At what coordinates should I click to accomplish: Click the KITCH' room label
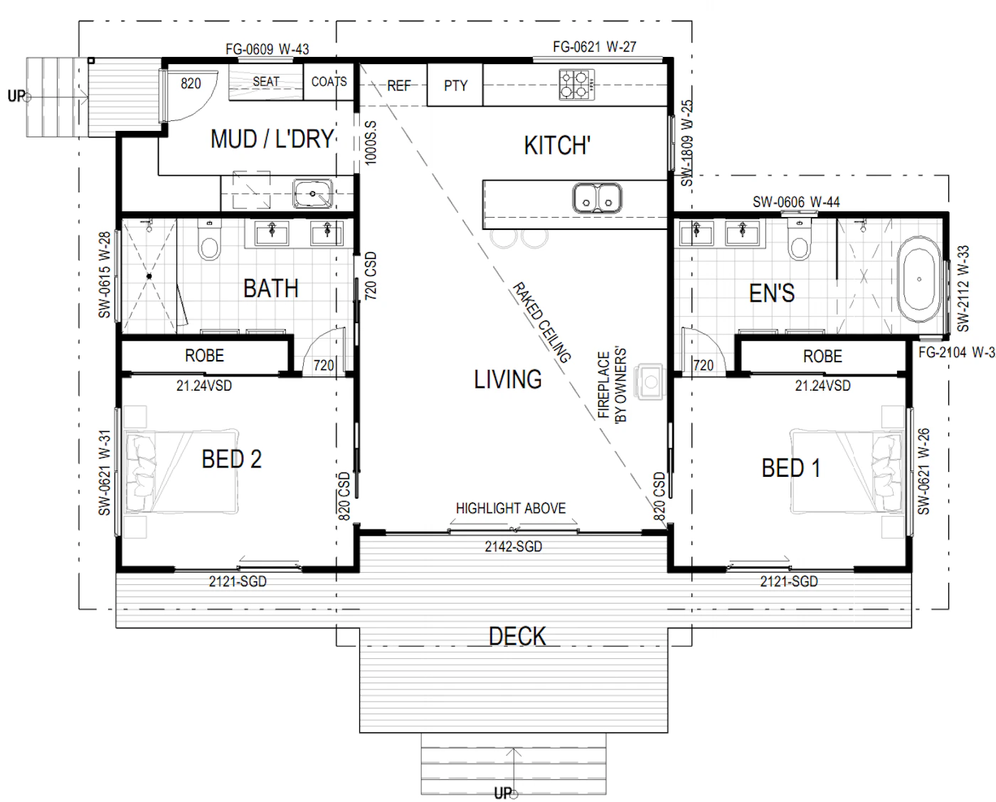(x=557, y=145)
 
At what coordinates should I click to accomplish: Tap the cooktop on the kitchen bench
(x=577, y=85)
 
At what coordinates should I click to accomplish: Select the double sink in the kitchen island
(x=597, y=198)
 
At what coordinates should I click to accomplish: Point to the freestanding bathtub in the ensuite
(x=919, y=279)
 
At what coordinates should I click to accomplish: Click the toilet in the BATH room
(x=209, y=240)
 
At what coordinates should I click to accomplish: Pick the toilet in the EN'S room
(x=800, y=240)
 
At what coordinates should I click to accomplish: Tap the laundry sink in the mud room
(x=312, y=194)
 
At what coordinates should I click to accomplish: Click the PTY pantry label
(x=455, y=85)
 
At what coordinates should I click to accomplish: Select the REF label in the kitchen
(x=399, y=85)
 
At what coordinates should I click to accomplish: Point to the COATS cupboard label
(x=329, y=82)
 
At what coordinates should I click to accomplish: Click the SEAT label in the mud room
(x=265, y=82)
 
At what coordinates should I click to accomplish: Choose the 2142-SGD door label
(x=513, y=547)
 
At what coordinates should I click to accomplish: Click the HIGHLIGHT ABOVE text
(x=511, y=508)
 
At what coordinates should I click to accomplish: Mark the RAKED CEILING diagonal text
(x=541, y=322)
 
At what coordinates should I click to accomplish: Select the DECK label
(x=517, y=636)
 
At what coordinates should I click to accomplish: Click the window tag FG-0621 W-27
(x=594, y=47)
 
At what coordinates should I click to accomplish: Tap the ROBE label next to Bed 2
(x=204, y=356)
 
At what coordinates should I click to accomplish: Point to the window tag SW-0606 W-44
(x=796, y=202)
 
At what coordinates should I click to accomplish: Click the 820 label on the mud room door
(x=191, y=83)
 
